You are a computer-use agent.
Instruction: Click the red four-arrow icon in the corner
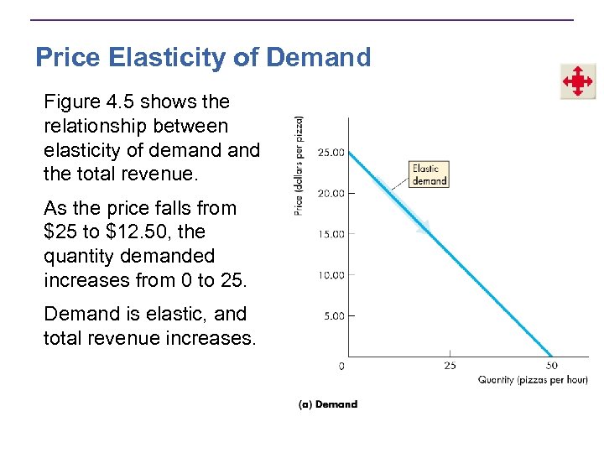click(x=578, y=81)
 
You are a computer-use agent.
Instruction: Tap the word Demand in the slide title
click(x=319, y=57)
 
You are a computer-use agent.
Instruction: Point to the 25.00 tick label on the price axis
click(x=330, y=153)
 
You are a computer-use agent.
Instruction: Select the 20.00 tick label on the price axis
click(x=330, y=193)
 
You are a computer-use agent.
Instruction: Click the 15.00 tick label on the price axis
click(x=330, y=234)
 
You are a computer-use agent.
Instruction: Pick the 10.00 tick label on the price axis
click(x=330, y=274)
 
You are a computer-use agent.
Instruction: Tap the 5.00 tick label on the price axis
click(x=332, y=315)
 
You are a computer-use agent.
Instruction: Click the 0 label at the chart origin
click(x=341, y=366)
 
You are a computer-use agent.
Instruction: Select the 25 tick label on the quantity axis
click(x=450, y=366)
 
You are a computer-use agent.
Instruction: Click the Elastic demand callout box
click(x=429, y=174)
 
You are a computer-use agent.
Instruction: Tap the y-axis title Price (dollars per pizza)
click(x=299, y=165)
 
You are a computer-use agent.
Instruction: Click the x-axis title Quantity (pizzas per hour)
click(x=533, y=380)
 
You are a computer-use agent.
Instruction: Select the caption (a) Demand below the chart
click(x=328, y=404)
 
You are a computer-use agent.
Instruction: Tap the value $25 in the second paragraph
click(x=62, y=232)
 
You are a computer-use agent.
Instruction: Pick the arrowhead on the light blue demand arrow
click(x=424, y=226)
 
